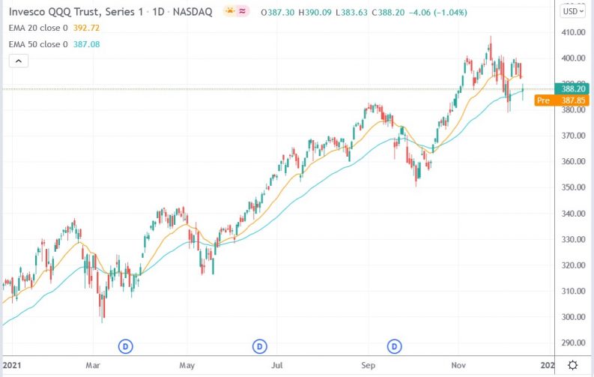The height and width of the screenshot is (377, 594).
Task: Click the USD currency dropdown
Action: (573, 11)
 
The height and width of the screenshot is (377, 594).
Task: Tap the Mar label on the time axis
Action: (93, 365)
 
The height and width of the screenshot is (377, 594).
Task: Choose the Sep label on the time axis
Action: (368, 365)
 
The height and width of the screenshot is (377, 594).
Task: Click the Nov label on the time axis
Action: (459, 365)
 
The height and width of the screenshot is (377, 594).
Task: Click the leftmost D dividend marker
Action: (126, 346)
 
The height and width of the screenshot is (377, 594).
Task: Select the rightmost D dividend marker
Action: (395, 346)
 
